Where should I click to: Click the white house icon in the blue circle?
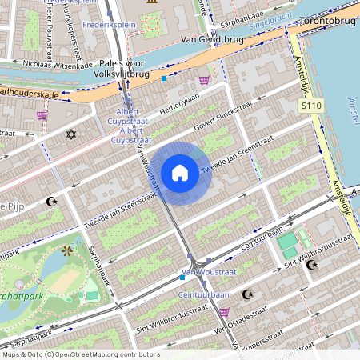point(180,173)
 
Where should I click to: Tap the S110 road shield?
point(312,106)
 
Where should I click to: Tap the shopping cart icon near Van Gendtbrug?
point(205,80)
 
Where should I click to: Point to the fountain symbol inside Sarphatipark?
point(66,252)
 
